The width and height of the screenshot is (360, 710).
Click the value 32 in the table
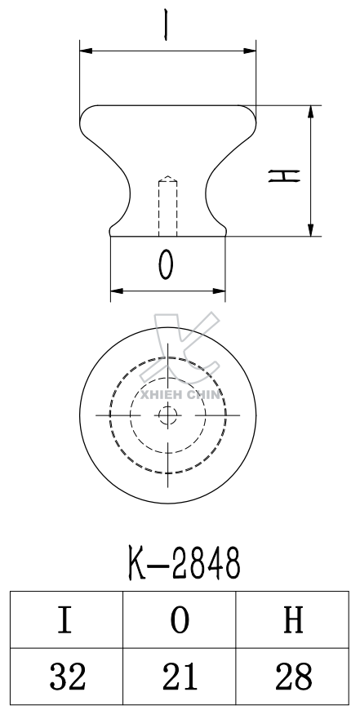(x=66, y=677)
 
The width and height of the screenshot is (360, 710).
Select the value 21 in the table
(x=180, y=677)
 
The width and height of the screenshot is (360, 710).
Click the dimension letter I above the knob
(x=167, y=24)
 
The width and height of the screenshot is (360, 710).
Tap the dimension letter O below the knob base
(x=167, y=264)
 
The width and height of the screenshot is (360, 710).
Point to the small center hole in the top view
(x=167, y=415)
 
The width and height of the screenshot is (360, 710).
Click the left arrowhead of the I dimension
(x=84, y=51)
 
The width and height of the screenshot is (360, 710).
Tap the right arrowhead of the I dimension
(x=251, y=51)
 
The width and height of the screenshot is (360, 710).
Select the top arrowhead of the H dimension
(x=311, y=111)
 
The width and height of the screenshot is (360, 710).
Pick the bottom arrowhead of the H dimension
(x=311, y=231)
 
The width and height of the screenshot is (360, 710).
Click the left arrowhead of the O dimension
(x=115, y=290)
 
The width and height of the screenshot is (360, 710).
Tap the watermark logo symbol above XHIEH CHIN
(x=178, y=347)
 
